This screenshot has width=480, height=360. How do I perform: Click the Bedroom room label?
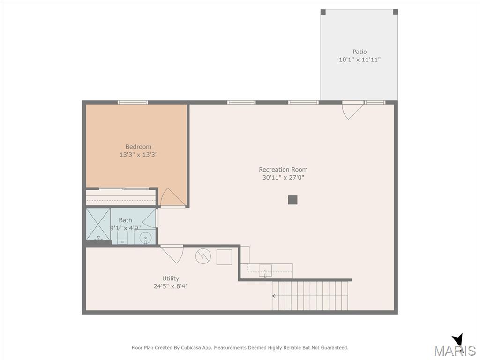point(138,147)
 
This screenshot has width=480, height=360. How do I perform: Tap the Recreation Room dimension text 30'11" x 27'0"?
point(283,177)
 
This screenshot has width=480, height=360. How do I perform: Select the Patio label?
point(360,52)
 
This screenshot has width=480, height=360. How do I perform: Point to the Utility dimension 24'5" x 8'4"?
point(171,286)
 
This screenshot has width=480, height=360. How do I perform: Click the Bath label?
point(125,220)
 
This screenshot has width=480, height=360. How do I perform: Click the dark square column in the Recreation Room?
point(292,200)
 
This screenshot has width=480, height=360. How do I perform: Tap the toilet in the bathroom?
point(122,237)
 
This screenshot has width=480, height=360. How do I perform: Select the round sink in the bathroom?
point(145,238)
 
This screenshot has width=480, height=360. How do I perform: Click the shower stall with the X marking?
point(98,225)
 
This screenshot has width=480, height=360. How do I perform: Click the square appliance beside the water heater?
point(224,257)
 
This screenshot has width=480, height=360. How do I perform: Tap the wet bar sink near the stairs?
point(265,271)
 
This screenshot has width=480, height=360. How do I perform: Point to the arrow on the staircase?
point(310,296)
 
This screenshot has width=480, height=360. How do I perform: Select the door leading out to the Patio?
point(352,110)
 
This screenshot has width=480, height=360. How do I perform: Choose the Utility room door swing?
point(172,254)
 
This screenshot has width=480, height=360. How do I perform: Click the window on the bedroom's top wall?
point(133,102)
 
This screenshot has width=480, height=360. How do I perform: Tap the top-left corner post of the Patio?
point(323,12)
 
